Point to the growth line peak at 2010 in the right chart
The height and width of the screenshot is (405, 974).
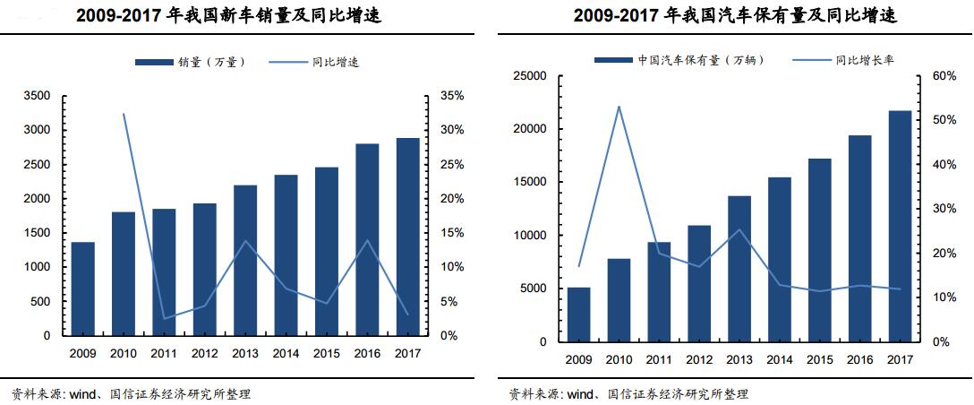pyautogui.click(x=619, y=107)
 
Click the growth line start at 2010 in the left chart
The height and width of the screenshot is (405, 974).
pyautogui.click(x=124, y=114)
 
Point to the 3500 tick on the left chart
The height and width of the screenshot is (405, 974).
pyautogui.click(x=38, y=96)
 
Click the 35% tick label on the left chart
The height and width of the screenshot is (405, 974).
pyautogui.click(x=452, y=96)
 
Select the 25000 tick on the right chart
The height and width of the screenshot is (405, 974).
pyautogui.click(x=530, y=76)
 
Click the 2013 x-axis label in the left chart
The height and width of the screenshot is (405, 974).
pyautogui.click(x=245, y=353)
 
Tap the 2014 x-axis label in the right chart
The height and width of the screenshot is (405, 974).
pyautogui.click(x=780, y=359)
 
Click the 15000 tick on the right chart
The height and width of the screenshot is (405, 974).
pyautogui.click(x=530, y=182)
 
